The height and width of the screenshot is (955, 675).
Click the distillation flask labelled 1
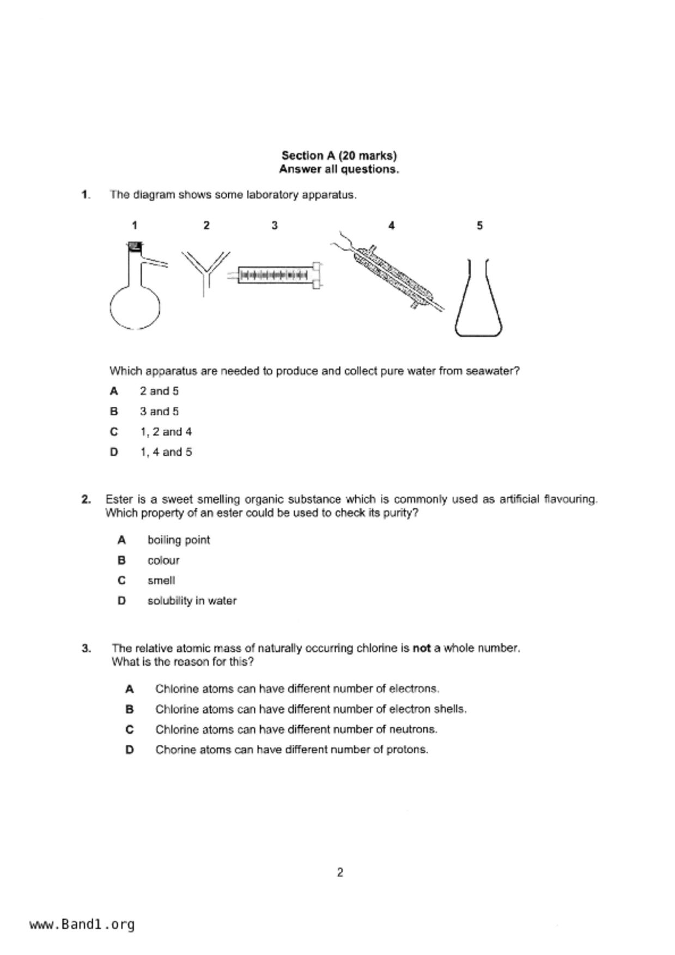click(135, 294)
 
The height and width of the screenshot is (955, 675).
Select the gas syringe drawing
click(278, 275)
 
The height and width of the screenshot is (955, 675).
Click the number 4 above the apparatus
click(391, 225)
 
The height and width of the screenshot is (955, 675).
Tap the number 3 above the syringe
click(275, 225)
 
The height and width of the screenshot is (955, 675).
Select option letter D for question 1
click(114, 452)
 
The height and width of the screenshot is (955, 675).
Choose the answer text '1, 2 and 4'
click(166, 432)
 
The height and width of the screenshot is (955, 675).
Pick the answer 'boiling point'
click(179, 540)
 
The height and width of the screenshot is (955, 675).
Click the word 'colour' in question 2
click(163, 560)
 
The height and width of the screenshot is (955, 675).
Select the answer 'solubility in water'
click(192, 601)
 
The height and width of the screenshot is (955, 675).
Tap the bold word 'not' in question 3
click(422, 648)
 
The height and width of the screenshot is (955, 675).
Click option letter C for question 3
click(130, 730)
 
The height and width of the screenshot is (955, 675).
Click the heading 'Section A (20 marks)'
click(339, 156)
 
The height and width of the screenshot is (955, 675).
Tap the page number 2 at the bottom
click(340, 873)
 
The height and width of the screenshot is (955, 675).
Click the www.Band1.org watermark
click(82, 924)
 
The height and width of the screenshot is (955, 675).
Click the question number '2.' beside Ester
click(86, 499)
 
